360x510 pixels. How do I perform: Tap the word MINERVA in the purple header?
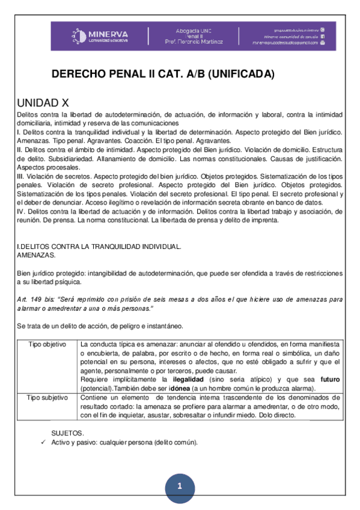click(108, 32)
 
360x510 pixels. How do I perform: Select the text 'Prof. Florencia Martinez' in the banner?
click(194, 42)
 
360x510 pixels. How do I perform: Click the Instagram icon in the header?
click(323, 29)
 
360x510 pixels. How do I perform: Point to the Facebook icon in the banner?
click(323, 36)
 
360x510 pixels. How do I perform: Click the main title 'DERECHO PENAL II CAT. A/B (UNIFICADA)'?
click(163, 75)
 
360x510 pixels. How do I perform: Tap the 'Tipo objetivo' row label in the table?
click(47, 344)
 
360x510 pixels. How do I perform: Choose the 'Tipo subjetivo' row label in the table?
click(47, 398)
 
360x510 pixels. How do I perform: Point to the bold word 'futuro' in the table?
click(330, 380)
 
